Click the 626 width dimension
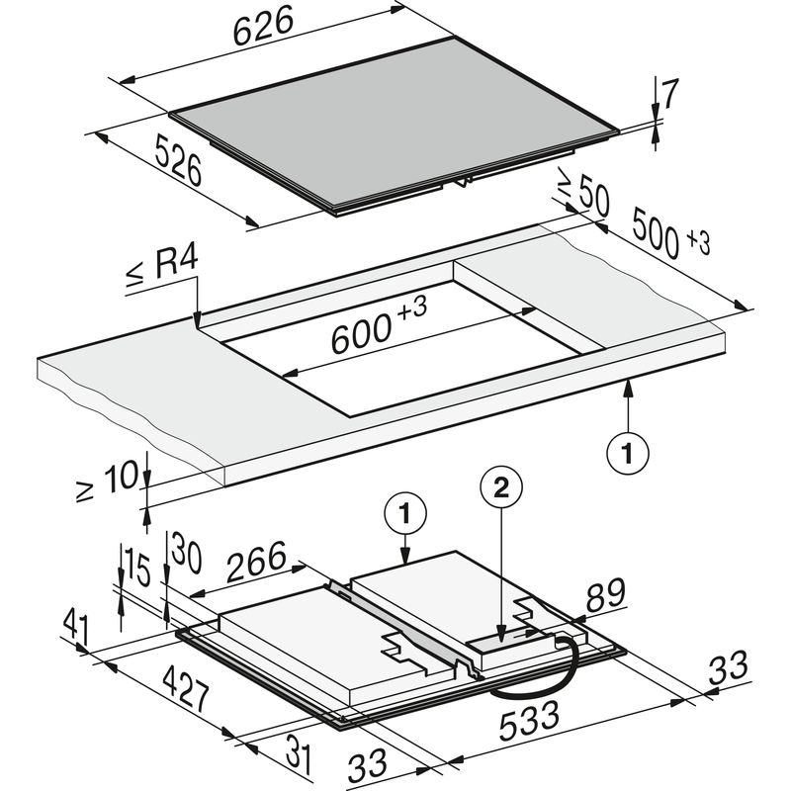[x=264, y=29]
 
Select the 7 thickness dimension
[x=670, y=96]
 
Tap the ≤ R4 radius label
[x=163, y=268]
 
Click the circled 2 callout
[x=500, y=487]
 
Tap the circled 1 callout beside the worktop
[x=627, y=454]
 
